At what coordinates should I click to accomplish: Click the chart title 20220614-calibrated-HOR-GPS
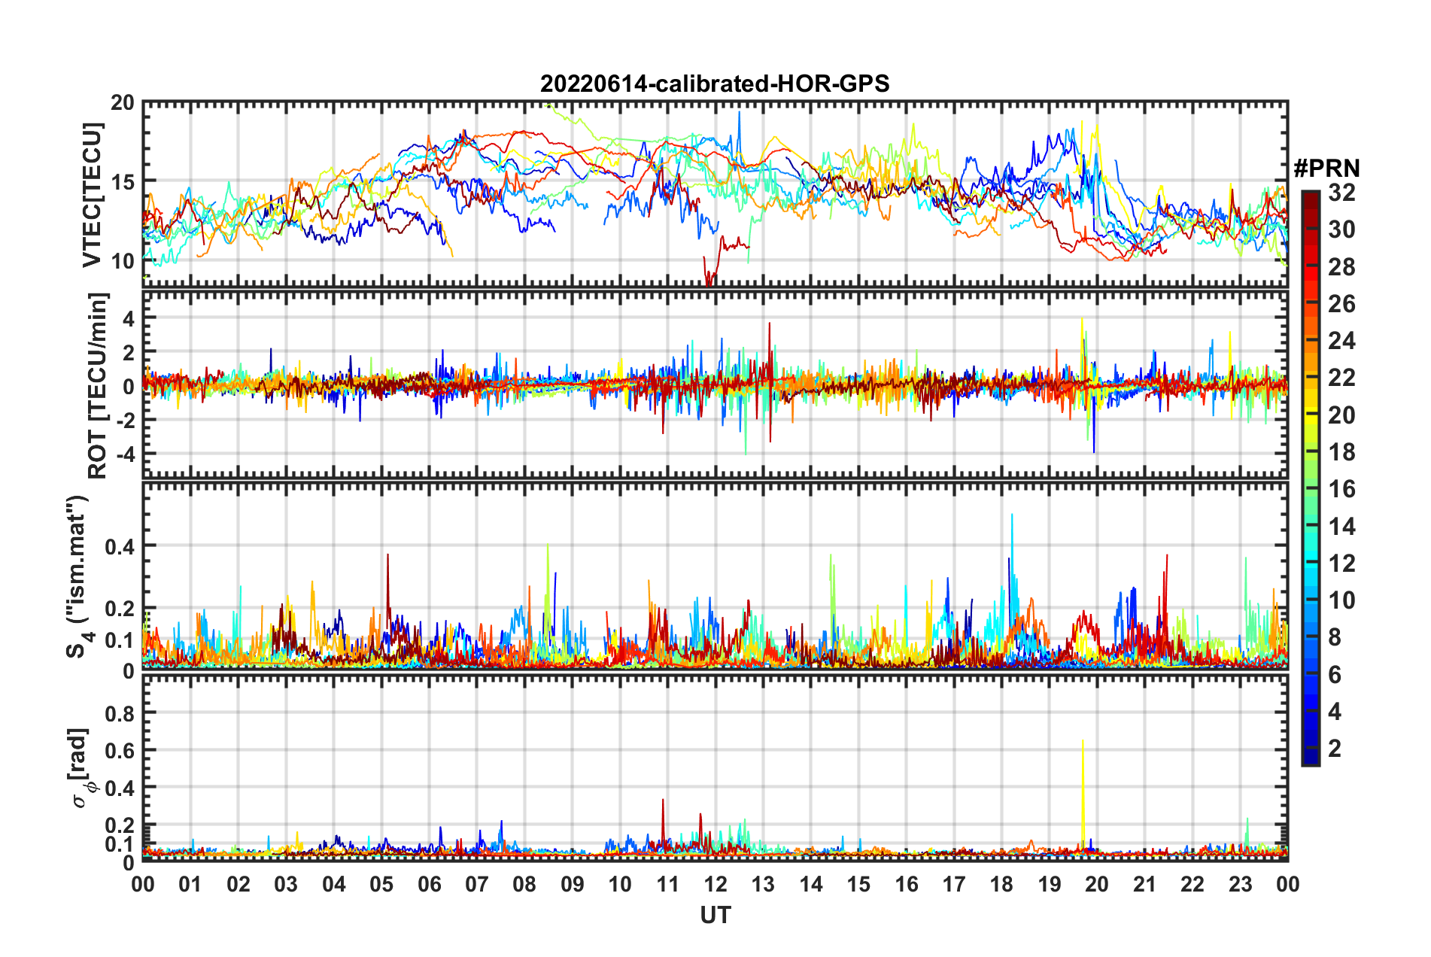click(x=715, y=84)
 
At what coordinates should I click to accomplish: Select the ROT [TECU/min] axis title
click(x=97, y=386)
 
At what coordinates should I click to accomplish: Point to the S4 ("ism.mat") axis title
click(x=77, y=576)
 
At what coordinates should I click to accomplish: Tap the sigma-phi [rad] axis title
click(x=81, y=767)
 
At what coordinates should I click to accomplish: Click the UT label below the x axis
click(x=715, y=915)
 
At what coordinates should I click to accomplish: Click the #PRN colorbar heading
click(x=1326, y=169)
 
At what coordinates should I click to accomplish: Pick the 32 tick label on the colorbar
click(x=1341, y=193)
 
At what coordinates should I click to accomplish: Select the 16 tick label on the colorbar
click(x=1341, y=489)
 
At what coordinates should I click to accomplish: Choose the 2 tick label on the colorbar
click(x=1335, y=748)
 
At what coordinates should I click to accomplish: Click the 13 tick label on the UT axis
click(x=763, y=884)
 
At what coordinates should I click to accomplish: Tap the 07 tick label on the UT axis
click(x=477, y=884)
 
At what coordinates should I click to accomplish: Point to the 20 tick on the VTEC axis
click(x=123, y=103)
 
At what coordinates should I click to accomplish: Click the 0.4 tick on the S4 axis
click(x=120, y=546)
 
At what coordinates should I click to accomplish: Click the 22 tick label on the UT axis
click(x=1192, y=884)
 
